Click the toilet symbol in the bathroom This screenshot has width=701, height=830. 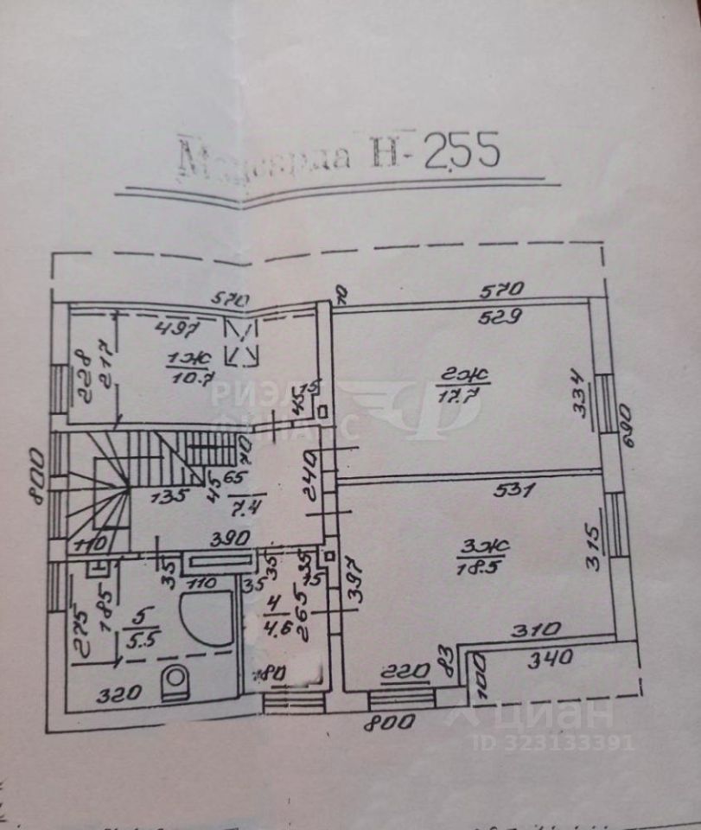[x=177, y=681]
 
